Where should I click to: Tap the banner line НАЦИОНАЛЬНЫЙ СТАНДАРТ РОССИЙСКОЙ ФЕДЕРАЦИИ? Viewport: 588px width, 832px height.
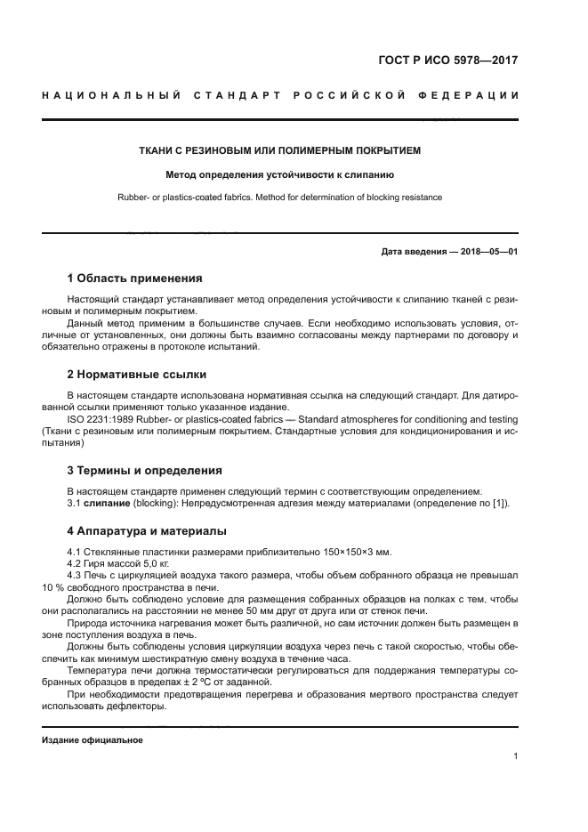pos(280,95)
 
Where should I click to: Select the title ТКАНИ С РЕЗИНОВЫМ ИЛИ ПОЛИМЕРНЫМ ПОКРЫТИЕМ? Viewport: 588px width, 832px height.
pos(280,151)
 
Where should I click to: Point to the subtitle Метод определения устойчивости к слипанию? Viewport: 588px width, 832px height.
pos(280,175)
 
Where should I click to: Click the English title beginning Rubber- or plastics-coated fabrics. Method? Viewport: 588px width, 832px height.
pos(280,198)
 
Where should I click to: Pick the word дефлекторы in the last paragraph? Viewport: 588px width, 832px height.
pos(141,706)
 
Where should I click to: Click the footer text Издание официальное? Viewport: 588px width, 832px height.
pos(93,740)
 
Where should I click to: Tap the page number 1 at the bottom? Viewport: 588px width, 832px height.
pos(515,756)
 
